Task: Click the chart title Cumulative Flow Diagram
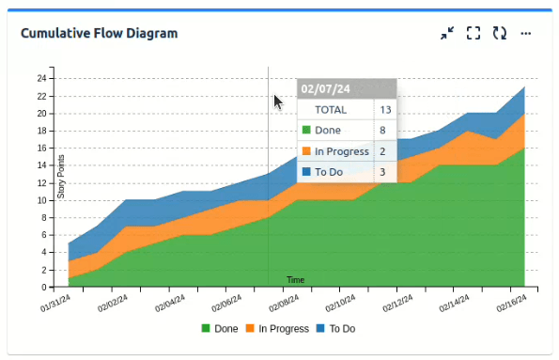pyautogui.click(x=100, y=34)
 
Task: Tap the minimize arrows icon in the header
pyautogui.click(x=447, y=33)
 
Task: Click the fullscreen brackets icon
pyautogui.click(x=474, y=33)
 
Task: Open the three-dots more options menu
pyautogui.click(x=526, y=33)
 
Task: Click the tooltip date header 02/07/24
pyautogui.click(x=325, y=89)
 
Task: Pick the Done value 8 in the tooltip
pyautogui.click(x=383, y=131)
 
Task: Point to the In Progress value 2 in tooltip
pyautogui.click(x=383, y=151)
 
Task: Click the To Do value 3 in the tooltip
pyautogui.click(x=383, y=172)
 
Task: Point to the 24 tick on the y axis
pyautogui.click(x=41, y=78)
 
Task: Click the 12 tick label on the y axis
pyautogui.click(x=41, y=182)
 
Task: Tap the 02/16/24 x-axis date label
pyautogui.click(x=510, y=303)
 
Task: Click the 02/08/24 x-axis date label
pyautogui.click(x=284, y=303)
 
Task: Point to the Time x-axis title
pyautogui.click(x=295, y=280)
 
